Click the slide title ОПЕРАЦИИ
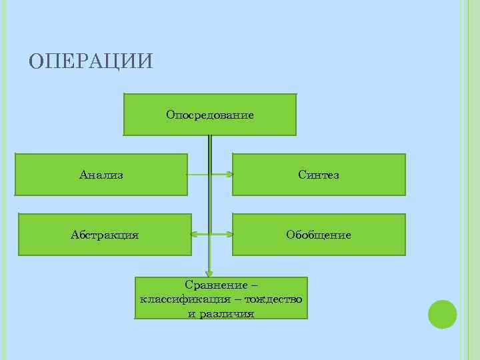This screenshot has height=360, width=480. pos(91,61)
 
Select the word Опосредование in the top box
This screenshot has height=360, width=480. pos(210,115)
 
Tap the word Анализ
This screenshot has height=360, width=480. pos(101,175)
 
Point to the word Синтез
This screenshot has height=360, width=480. pos(319,175)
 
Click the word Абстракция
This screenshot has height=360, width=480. pos(105,235)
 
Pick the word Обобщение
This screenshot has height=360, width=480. pos(319,235)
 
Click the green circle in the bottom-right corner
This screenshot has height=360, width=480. pos(442,314)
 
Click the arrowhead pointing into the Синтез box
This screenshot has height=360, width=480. pos(229,175)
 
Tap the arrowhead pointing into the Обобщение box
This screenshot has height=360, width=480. pos(229,235)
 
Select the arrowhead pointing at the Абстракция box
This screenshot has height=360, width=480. pos(195,235)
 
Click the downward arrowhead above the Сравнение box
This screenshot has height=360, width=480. pos(209,272)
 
